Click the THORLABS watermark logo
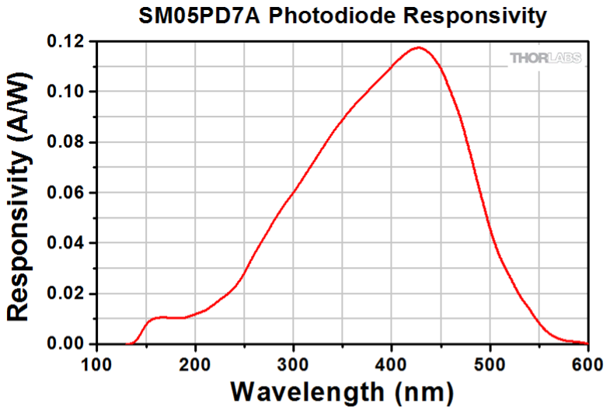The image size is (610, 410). click(x=545, y=58)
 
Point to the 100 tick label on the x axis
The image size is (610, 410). click(x=97, y=362)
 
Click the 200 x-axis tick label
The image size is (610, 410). click(x=195, y=362)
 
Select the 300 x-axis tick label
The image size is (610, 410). click(x=293, y=362)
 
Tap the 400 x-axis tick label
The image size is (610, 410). click(x=392, y=362)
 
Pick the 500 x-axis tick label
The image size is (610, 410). click(x=490, y=362)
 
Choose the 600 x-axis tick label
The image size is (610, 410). click(x=587, y=362)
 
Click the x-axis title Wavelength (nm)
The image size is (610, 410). click(x=342, y=390)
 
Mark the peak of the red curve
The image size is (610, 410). click(x=419, y=47)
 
